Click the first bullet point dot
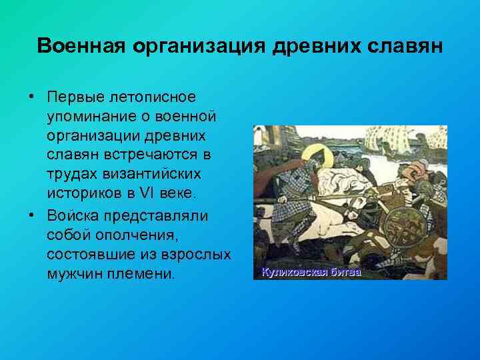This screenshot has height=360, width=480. pyautogui.click(x=31, y=97)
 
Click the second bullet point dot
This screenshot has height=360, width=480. pyautogui.click(x=31, y=215)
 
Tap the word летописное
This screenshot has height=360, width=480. pyautogui.click(x=157, y=97)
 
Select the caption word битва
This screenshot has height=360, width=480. pyautogui.click(x=343, y=272)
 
